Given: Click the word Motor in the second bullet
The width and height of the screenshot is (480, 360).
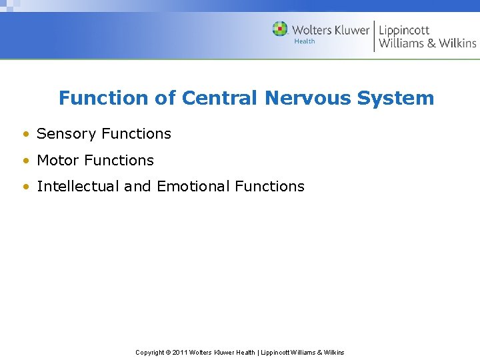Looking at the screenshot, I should [59, 161].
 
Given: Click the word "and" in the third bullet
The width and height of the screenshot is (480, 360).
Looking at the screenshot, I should [137, 187].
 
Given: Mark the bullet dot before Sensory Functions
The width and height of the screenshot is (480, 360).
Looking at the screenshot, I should [25, 135].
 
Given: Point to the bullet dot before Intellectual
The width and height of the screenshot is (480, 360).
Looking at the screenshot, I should [25, 187].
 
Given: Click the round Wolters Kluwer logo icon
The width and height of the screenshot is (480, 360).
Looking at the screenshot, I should [280, 29].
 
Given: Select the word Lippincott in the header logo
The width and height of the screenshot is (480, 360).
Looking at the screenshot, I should [404, 31].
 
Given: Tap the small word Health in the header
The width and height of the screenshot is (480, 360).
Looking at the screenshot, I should [305, 41].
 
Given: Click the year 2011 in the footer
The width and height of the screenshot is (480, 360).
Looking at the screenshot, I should [180, 352].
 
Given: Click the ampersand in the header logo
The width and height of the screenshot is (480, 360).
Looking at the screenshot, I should [431, 43].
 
